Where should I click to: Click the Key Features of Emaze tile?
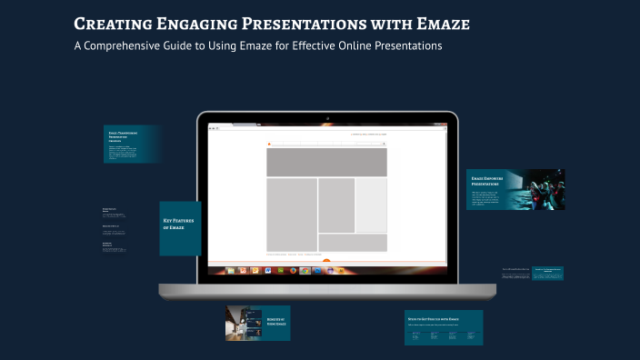click(x=180, y=228)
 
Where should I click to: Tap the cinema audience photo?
click(x=539, y=189)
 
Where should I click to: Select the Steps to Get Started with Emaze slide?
click(x=443, y=327)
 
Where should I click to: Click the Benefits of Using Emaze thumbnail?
click(x=257, y=323)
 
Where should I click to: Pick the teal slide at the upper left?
click(x=132, y=145)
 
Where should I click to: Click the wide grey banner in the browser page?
click(x=326, y=163)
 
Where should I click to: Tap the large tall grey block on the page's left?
click(x=292, y=214)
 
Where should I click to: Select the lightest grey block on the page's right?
click(x=371, y=205)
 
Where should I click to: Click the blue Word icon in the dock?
click(x=268, y=270)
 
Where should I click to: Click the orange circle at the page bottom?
click(x=326, y=262)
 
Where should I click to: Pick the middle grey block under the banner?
click(x=336, y=205)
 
